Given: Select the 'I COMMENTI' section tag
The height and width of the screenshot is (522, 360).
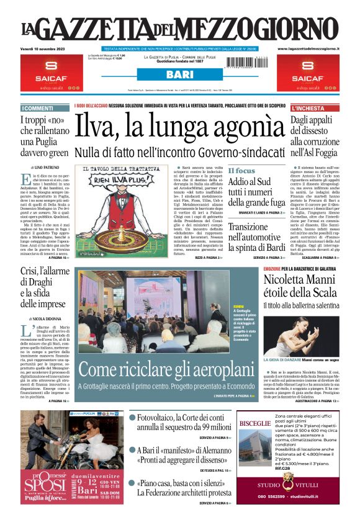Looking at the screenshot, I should [37, 109].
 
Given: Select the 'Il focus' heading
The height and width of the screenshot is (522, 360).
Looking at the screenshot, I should [241, 171].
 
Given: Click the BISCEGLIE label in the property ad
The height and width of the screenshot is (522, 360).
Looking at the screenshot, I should [255, 423].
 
